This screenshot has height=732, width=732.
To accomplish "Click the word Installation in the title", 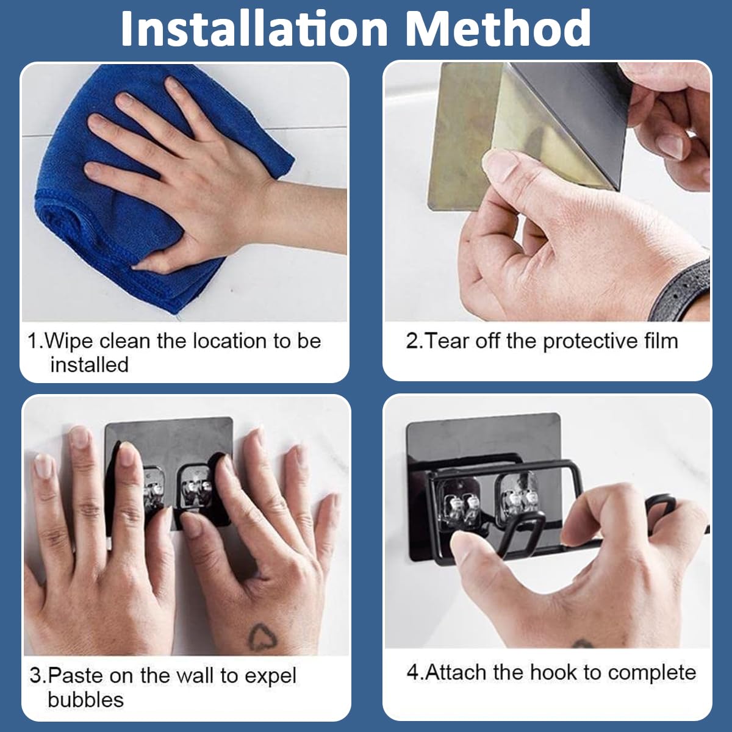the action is pyautogui.click(x=254, y=28).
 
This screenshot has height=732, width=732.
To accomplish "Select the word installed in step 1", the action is pyautogui.click(x=90, y=365).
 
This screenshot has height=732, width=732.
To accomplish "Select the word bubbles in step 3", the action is pyautogui.click(x=86, y=700).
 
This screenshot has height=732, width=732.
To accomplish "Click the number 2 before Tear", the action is pyautogui.click(x=412, y=341).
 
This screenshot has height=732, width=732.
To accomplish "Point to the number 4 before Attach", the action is pyautogui.click(x=413, y=673).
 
